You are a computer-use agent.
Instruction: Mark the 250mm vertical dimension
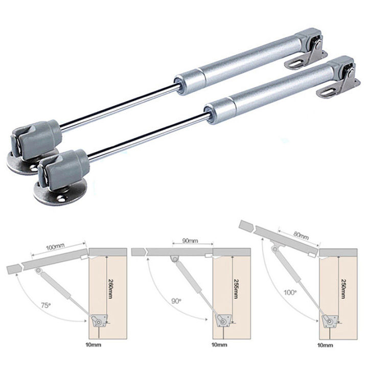(341, 287)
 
